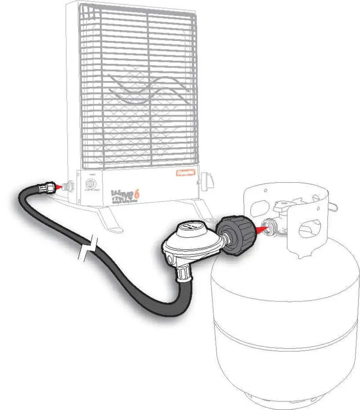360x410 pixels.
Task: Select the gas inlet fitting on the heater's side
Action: click(x=69, y=185)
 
